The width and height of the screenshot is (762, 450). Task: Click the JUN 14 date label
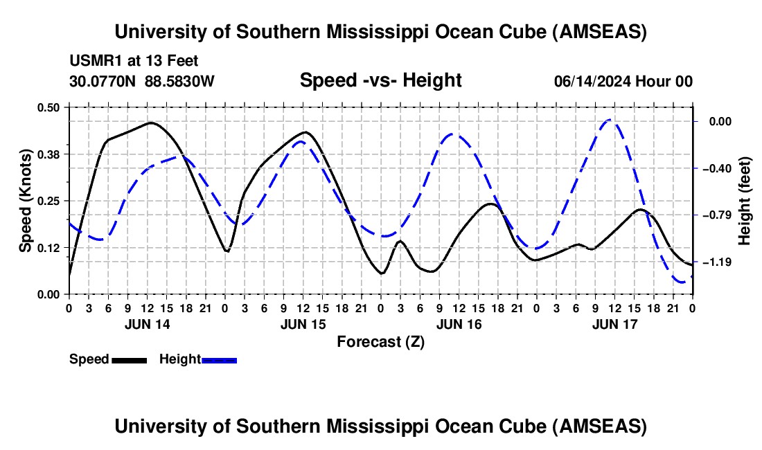147,323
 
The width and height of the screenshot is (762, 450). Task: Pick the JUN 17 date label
614,323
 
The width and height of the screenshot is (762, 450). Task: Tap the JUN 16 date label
459,323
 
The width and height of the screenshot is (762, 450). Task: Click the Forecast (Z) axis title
380,341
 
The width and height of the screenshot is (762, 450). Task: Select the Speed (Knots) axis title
25,200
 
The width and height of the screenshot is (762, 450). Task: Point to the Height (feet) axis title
745,200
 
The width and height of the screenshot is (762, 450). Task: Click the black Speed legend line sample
128,360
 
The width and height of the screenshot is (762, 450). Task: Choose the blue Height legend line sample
219,360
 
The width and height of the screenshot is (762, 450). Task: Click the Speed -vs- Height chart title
380,80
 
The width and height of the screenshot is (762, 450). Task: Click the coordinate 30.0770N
103,81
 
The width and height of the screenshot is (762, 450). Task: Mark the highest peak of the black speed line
151,123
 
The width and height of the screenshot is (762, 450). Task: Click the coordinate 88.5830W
179,81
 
